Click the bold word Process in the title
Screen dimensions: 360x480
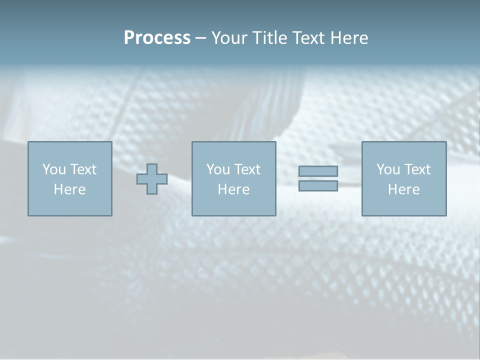157,38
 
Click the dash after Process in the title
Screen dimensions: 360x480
200,38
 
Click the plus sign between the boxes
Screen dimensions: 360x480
152,179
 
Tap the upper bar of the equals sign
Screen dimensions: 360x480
318,171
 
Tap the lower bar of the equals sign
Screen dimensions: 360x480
318,185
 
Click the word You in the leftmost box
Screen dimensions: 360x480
54,169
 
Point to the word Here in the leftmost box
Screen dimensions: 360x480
70,189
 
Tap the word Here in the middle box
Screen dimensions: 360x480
234,189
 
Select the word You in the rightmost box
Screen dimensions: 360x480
388,169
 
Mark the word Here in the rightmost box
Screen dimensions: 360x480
404,189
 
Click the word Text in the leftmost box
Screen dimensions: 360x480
83,169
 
